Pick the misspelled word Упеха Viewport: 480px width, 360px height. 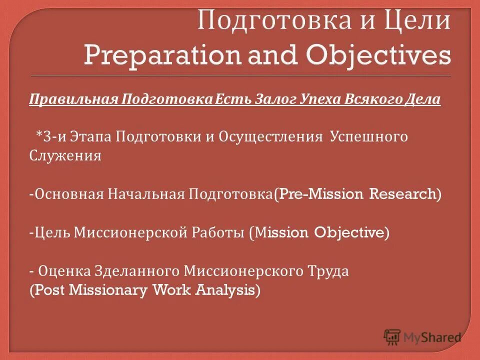321,99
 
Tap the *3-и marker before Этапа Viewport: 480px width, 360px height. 47,137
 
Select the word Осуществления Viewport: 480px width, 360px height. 270,137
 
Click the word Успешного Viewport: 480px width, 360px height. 369,137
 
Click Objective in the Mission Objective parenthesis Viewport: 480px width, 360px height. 349,232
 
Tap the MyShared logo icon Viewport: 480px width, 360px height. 392,336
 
